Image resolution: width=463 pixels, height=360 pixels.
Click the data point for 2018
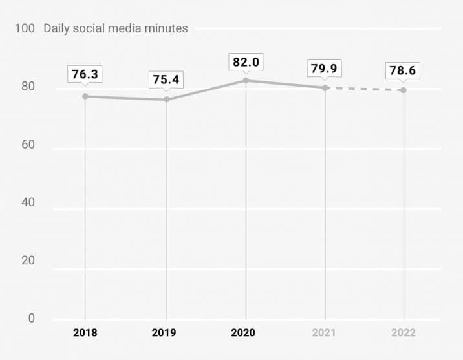[85, 96]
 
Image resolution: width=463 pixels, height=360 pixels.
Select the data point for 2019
[166, 100]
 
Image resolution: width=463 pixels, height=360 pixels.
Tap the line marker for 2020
[246, 80]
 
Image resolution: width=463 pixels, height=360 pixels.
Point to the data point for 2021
[325, 87]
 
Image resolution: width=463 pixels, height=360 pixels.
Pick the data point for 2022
[404, 90]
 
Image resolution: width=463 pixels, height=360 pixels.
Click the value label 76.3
[85, 74]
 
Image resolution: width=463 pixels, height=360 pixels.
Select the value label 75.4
[166, 79]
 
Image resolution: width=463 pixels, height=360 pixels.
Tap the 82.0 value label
[246, 62]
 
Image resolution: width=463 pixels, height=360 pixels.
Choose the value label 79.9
[325, 68]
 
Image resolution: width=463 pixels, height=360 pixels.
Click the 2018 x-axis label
[85, 333]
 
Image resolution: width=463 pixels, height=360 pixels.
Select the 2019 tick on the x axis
[166, 333]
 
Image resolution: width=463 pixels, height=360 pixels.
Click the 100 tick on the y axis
[26, 28]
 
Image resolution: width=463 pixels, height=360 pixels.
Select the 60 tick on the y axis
[28, 145]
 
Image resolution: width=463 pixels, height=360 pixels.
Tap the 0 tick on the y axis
[31, 318]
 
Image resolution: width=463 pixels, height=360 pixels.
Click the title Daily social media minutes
[116, 28]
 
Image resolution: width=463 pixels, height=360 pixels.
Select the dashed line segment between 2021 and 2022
[365, 89]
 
